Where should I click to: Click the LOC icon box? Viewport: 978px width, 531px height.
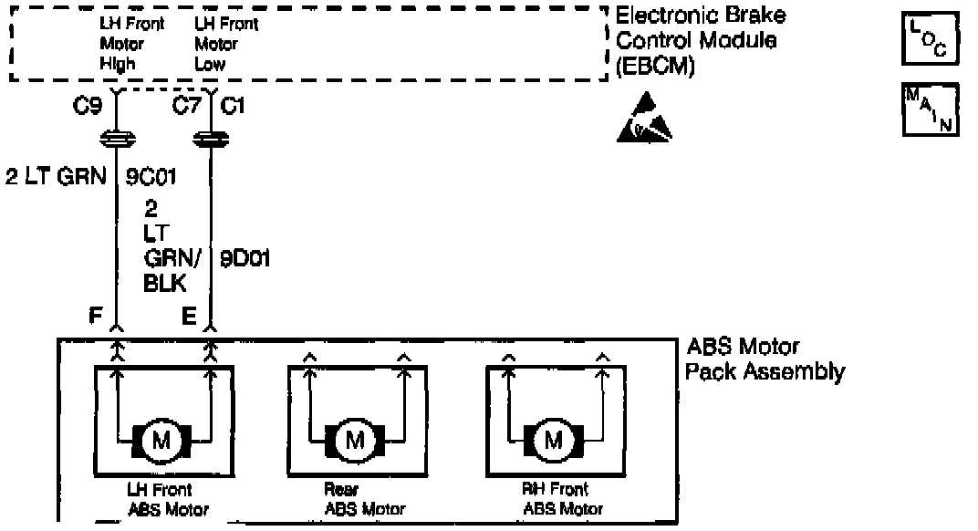(931, 39)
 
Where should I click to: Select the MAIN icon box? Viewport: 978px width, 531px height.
(931, 109)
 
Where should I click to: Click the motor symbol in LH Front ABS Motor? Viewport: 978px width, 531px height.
(161, 441)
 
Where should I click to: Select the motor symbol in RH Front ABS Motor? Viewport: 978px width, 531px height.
(553, 441)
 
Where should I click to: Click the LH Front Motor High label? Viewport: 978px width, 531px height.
(132, 44)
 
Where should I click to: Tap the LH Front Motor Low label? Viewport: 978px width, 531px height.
(227, 44)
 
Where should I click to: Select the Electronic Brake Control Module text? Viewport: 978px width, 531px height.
(701, 41)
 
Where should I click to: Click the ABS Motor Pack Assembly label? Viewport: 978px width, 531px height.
(765, 359)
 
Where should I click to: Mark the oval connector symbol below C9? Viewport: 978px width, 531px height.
(117, 140)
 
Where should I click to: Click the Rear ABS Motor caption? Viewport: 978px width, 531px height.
(364, 499)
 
